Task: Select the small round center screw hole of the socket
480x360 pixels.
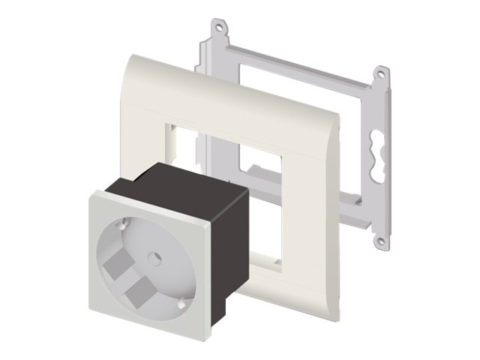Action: point(156,256)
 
